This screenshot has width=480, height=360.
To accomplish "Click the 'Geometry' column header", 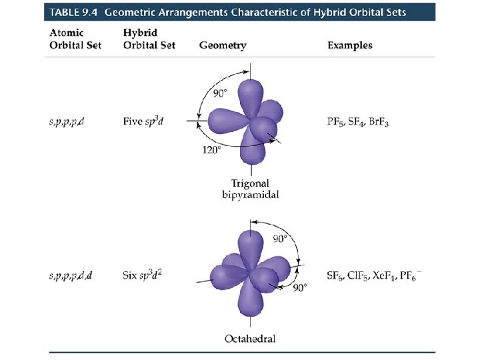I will coord(223,45).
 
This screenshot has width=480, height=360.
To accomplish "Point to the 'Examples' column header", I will coord(349,45).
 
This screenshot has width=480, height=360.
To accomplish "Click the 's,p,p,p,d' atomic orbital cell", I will coord(67,121).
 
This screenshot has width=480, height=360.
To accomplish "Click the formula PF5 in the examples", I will coord(335,121).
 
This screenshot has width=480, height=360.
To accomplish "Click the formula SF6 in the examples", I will coord(335,275).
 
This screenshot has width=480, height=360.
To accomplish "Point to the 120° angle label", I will coord(211,150).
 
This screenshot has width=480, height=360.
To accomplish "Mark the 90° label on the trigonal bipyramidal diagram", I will coord(221,93).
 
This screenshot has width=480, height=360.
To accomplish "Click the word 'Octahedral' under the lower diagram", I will coord(249,339).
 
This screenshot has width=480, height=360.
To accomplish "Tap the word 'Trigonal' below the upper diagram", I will coord(249,183).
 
